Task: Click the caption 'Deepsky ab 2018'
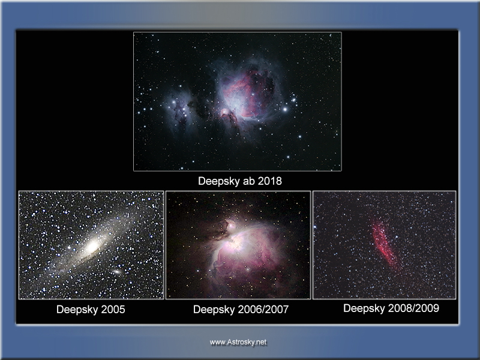pyautogui.click(x=239, y=181)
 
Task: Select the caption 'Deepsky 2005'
pyautogui.click(x=91, y=309)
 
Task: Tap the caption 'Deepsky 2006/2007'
pyautogui.click(x=241, y=309)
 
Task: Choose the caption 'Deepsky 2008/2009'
pyautogui.click(x=391, y=308)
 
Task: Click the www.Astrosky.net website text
pyautogui.click(x=238, y=342)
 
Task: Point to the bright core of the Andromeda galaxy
pyautogui.click(x=92, y=246)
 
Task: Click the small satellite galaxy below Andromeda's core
pyautogui.click(x=116, y=272)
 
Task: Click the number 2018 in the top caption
pyautogui.click(x=269, y=181)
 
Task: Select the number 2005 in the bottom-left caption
pyautogui.click(x=113, y=309)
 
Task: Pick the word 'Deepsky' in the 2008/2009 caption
pyautogui.click(x=364, y=308)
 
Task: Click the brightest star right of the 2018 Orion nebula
pyautogui.click(x=286, y=109)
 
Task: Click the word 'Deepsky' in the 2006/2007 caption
pyautogui.click(x=214, y=309)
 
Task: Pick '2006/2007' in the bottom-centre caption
pyautogui.click(x=263, y=309)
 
